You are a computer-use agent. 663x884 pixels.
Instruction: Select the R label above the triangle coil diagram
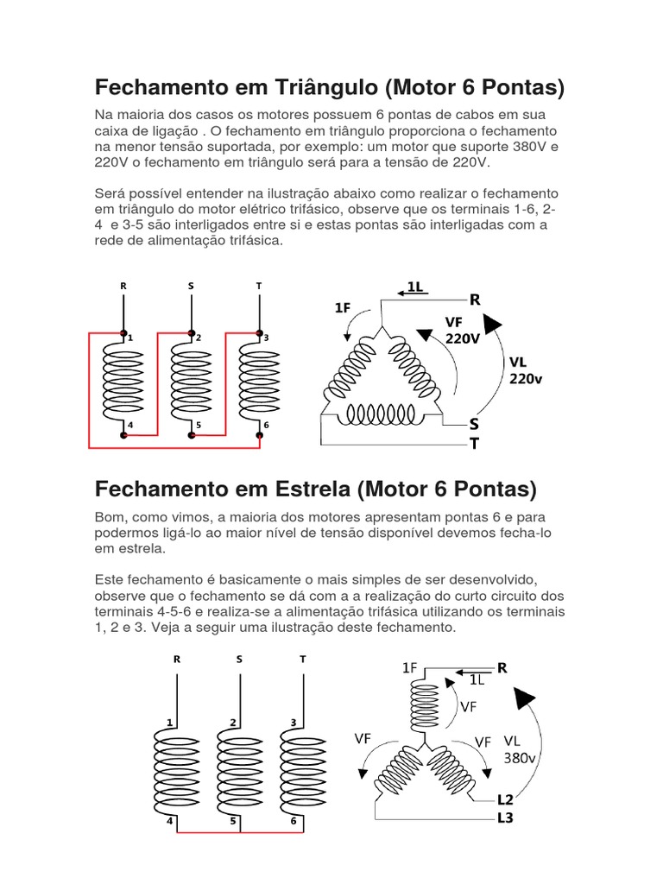[x=124, y=286]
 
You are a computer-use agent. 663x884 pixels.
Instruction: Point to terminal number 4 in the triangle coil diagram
[x=130, y=425]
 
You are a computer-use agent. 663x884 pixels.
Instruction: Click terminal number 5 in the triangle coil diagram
[x=199, y=425]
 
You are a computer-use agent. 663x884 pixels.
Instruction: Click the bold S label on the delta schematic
[x=474, y=424]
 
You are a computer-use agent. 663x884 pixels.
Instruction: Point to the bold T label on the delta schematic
[x=474, y=442]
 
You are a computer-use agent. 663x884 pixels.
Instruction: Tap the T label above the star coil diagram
[x=303, y=659]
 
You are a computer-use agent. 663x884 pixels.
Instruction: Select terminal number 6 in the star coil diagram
[x=294, y=821]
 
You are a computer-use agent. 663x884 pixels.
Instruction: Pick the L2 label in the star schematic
[x=505, y=799]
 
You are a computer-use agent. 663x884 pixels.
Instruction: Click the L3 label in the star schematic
[x=505, y=818]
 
